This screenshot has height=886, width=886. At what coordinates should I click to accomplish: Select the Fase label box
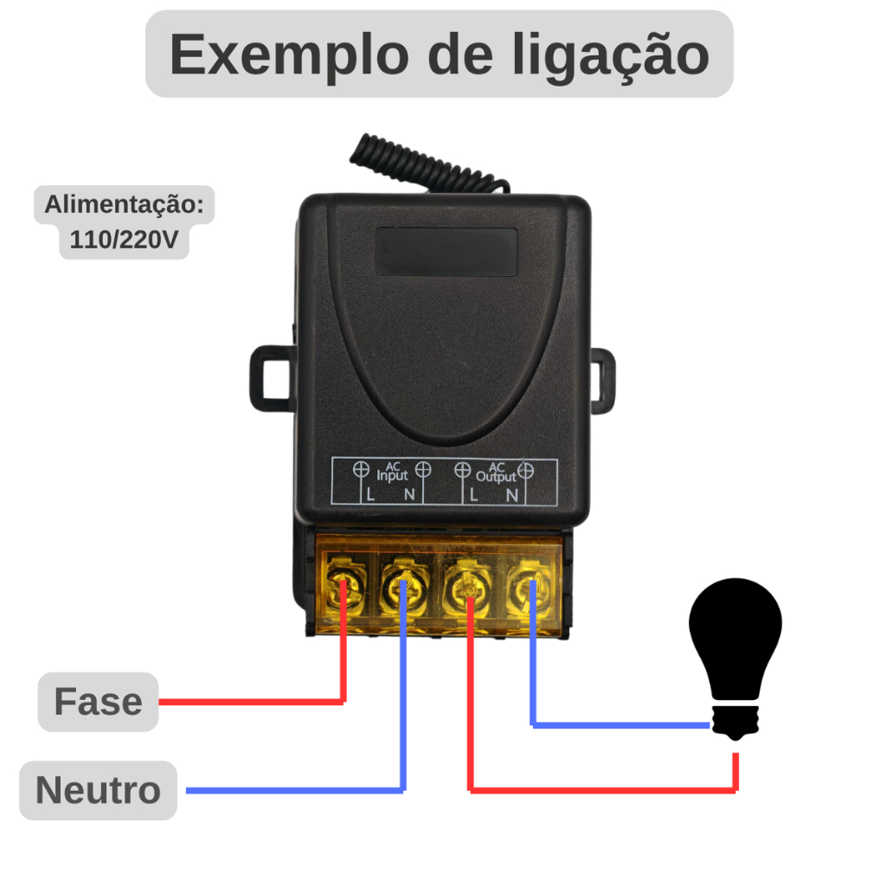click(x=98, y=702)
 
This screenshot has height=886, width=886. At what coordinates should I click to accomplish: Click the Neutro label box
click(x=98, y=790)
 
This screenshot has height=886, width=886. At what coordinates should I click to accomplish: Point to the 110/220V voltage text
click(x=124, y=241)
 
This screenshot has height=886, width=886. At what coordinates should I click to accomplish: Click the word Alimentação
click(x=124, y=206)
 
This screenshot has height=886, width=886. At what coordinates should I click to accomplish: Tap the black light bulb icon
click(x=735, y=658)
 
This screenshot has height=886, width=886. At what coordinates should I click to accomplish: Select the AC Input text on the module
click(x=392, y=472)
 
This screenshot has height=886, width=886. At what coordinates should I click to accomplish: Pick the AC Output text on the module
click(x=496, y=472)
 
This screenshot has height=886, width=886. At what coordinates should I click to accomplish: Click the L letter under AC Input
click(x=370, y=495)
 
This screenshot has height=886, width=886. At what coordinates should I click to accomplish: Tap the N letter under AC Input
click(x=410, y=495)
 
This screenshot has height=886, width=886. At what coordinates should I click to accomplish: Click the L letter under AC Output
click(x=473, y=495)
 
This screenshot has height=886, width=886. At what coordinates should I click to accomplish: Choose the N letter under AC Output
click(x=512, y=495)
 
